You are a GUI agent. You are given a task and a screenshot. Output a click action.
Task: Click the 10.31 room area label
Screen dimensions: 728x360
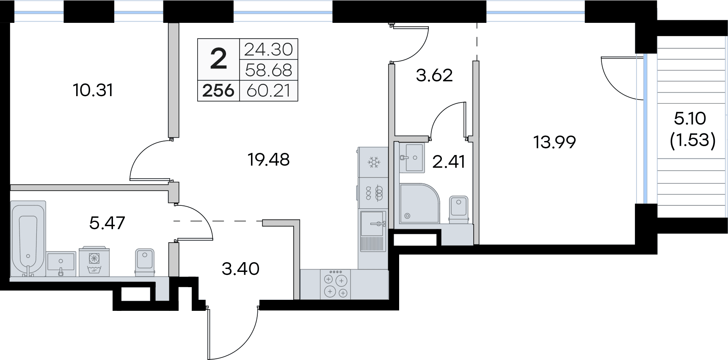tap(93, 90)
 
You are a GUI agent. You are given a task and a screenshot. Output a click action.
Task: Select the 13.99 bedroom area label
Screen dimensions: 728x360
tap(554, 143)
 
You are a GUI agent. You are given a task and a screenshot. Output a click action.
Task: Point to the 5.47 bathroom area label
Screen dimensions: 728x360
tap(107, 222)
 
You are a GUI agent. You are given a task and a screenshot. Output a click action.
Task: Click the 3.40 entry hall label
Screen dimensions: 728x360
tap(240, 269)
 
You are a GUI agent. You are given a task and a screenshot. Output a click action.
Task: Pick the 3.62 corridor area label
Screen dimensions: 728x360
tap(434, 76)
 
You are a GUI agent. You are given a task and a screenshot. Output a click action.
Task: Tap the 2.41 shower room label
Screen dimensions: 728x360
tap(449, 162)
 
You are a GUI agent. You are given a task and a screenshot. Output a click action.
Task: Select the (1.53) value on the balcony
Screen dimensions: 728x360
tap(692, 140)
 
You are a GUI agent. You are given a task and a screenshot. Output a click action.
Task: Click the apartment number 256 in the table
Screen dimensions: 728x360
tap(218, 91)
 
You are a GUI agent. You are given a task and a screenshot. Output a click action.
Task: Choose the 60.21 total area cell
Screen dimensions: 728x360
tap(269, 91)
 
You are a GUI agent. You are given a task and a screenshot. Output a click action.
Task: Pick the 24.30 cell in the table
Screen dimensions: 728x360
tap(269, 50)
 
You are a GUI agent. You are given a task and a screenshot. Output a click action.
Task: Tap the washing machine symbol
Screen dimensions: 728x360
tap(94, 262)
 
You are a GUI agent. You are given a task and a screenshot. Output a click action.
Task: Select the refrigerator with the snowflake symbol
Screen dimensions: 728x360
tap(373, 162)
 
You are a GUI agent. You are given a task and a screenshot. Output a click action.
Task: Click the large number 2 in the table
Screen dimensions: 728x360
tap(218, 60)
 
